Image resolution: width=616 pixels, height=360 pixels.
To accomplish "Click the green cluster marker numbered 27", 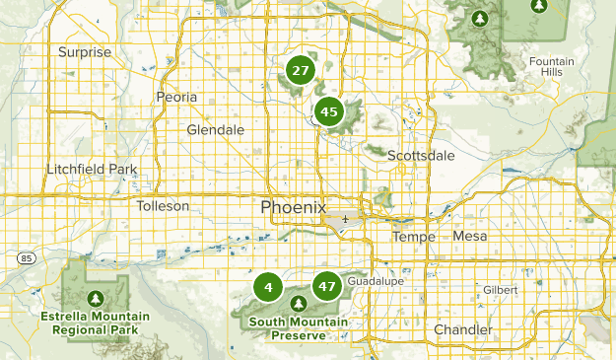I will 300,71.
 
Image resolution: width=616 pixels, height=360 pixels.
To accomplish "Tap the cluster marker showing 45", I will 329,112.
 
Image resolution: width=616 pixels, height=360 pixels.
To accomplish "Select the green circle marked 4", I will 267,287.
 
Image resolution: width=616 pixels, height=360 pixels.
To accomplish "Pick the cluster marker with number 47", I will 327,287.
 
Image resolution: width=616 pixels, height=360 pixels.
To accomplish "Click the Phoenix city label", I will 293,207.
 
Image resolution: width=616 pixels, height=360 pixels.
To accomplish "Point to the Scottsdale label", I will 421,156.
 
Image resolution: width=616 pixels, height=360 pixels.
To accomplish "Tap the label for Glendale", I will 216,130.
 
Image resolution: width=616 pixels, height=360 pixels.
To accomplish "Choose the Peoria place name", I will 177,97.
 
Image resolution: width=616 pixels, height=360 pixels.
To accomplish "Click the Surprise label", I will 85,52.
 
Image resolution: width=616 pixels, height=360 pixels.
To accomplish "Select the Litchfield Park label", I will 92,170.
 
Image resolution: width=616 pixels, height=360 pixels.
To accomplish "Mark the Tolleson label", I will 163,206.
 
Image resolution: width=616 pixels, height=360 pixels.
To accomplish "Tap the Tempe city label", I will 413,237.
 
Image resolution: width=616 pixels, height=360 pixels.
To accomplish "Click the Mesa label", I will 470,236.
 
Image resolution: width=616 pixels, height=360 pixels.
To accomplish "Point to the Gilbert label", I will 500,290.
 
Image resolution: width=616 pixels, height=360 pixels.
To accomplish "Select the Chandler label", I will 462,328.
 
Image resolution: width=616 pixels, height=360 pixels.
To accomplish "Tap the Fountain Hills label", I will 551,67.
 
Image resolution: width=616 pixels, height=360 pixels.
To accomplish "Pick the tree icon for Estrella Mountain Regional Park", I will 96,297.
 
